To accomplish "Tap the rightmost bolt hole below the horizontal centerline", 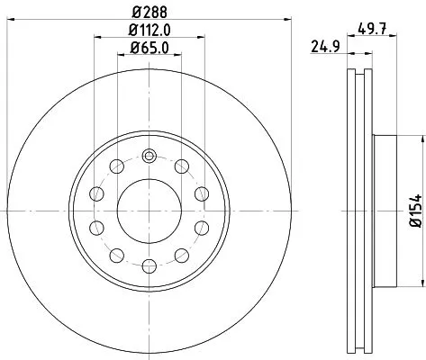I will click(200, 226).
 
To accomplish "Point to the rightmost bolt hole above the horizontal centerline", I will click(200, 192).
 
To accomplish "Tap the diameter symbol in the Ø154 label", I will click(414, 226).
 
